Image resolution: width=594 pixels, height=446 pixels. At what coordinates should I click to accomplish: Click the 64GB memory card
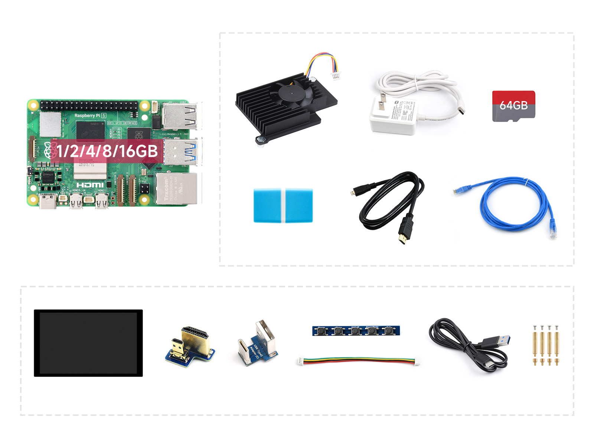click(513, 106)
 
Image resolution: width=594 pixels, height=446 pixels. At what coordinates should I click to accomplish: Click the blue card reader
click(283, 206)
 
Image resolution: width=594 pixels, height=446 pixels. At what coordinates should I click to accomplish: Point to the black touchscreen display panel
click(88, 343)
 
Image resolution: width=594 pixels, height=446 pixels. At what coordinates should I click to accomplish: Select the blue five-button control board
click(356, 330)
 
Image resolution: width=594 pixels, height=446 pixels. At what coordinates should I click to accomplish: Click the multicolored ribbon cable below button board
click(358, 361)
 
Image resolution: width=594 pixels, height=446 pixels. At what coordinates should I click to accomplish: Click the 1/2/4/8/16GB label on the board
click(107, 151)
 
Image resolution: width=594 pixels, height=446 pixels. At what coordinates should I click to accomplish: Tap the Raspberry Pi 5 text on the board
click(90, 116)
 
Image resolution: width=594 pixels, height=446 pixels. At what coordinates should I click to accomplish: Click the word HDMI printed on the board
click(90, 185)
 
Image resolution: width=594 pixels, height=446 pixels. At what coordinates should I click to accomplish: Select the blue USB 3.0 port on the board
click(181, 152)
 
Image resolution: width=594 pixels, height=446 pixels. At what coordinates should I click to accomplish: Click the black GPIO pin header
click(89, 105)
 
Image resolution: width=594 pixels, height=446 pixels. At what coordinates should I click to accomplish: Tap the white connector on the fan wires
click(335, 76)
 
